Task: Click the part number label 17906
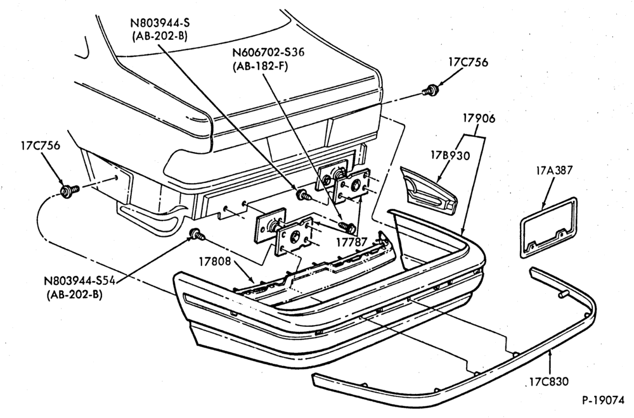point(479,118)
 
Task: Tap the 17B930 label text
point(450,155)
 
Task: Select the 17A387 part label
point(555,170)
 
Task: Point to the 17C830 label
point(548,381)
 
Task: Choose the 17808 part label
point(215,262)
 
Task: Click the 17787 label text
point(351,243)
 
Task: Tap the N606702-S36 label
point(268,53)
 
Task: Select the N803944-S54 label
point(79,281)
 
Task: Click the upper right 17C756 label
point(469,62)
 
